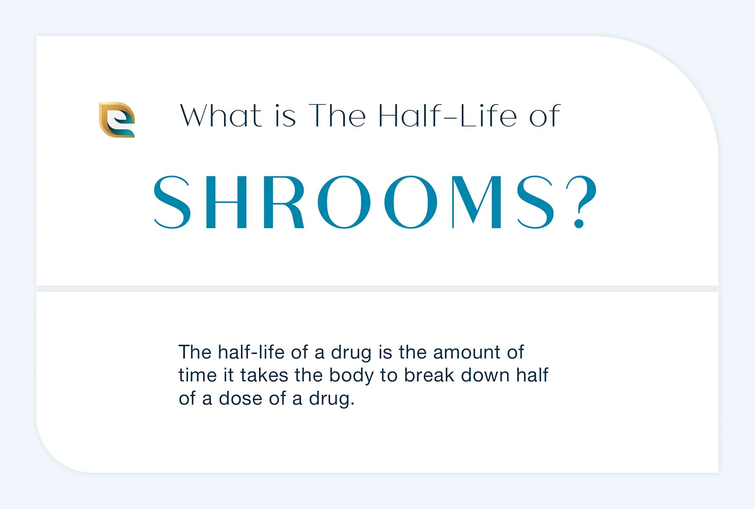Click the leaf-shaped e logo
pos(117,120)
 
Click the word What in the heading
pos(221,116)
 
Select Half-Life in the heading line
pos(448,116)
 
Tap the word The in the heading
pos(337,116)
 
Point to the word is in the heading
pos(285,116)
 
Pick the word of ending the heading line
pos(545,116)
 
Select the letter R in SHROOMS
pos(283,202)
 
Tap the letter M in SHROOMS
pos(477,202)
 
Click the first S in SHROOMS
pos(172,202)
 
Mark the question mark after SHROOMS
pos(581,202)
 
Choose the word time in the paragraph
pos(197,375)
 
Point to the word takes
pos(264,375)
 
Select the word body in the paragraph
pos(351,376)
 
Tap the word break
pos(429,375)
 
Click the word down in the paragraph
pos(485,375)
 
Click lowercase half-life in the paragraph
pos(251,352)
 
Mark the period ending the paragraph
pos(352,403)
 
